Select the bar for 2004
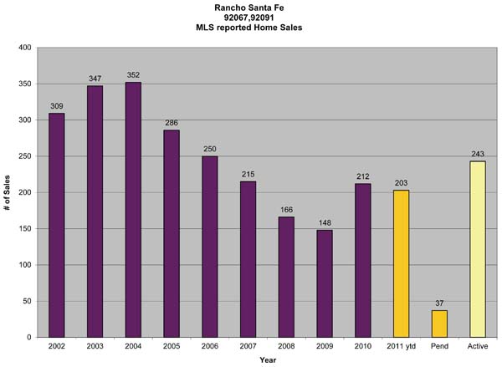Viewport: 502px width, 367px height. [133, 209]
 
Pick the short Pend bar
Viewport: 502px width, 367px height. [439, 324]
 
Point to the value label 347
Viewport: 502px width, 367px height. [95, 79]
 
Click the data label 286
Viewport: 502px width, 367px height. [172, 123]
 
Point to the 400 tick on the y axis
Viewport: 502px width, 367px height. [25, 48]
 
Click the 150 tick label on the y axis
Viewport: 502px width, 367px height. [25, 229]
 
